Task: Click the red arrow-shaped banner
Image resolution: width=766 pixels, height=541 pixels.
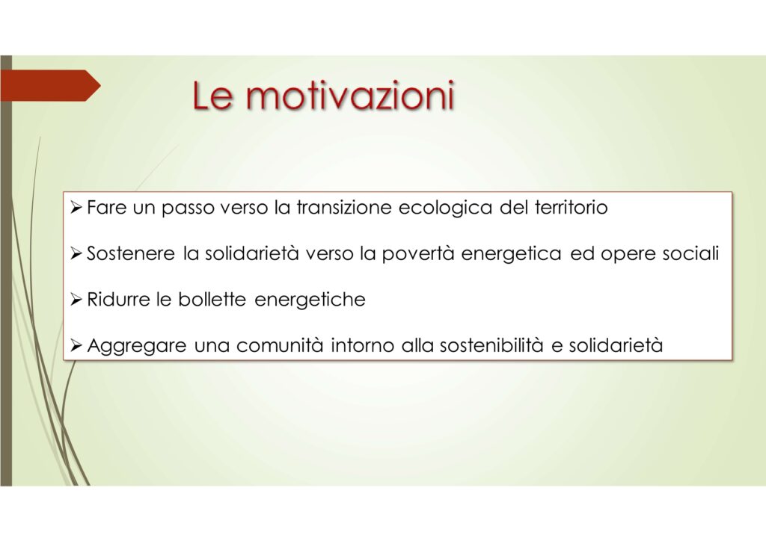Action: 50,85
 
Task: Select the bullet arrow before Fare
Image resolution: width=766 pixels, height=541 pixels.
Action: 76,208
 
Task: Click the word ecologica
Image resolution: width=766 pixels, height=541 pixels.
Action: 445,208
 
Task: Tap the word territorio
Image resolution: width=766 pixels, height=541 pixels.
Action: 571,207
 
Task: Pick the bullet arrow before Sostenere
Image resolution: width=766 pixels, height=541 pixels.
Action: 76,253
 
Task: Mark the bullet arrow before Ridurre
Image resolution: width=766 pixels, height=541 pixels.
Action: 76,300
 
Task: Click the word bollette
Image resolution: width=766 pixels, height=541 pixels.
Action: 212,299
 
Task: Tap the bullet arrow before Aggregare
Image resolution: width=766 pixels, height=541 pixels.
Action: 76,346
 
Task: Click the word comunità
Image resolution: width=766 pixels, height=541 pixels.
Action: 280,345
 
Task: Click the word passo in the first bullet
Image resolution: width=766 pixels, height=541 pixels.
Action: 188,209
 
